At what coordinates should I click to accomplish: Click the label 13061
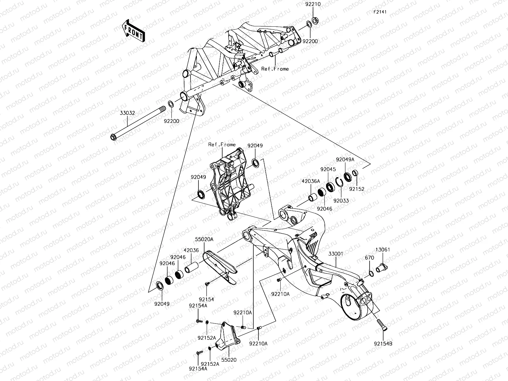pos(383,250)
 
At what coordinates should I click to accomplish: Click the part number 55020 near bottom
pos(229,360)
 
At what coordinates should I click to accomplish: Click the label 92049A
pos(345,160)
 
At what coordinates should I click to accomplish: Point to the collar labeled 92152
pos(356,174)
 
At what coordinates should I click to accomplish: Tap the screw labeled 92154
pos(207,283)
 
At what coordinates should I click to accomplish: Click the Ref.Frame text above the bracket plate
pos(222,144)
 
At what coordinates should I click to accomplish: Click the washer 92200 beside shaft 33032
pos(171,104)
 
